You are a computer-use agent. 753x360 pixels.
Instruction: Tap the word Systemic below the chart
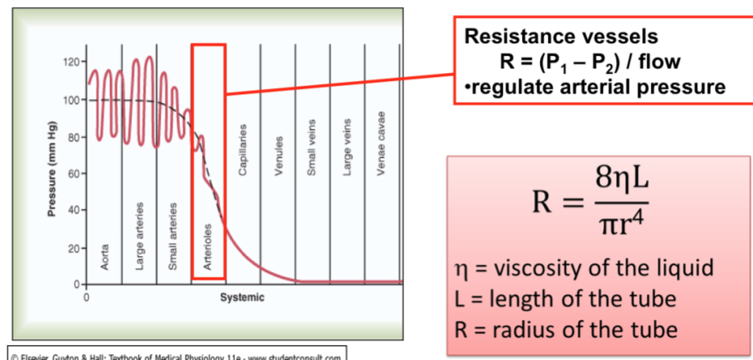tap(242, 298)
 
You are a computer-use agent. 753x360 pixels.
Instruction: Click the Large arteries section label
tap(139, 236)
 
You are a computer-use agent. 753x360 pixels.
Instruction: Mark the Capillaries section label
tap(243, 149)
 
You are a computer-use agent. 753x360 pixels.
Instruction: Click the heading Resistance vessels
tap(561, 36)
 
